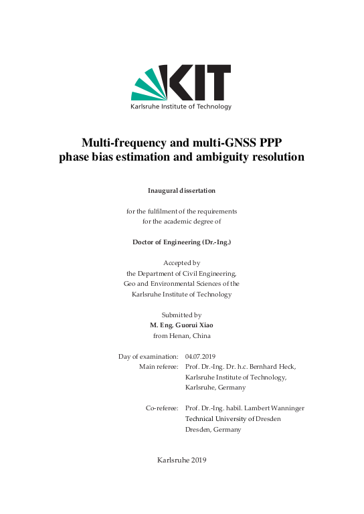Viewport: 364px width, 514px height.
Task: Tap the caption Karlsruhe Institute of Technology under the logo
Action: tap(181, 107)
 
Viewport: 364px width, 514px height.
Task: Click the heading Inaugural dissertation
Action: tap(181, 191)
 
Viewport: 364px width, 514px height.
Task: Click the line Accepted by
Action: tap(181, 263)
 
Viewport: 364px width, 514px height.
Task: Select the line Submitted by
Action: tap(181, 315)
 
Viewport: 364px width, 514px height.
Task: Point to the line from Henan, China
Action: tap(181, 335)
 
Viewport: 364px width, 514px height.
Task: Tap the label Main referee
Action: tap(159, 367)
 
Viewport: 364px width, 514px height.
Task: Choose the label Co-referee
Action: tap(161, 408)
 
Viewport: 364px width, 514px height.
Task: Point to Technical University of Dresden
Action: tap(233, 418)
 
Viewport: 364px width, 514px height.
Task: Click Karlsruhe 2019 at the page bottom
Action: tap(181, 460)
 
